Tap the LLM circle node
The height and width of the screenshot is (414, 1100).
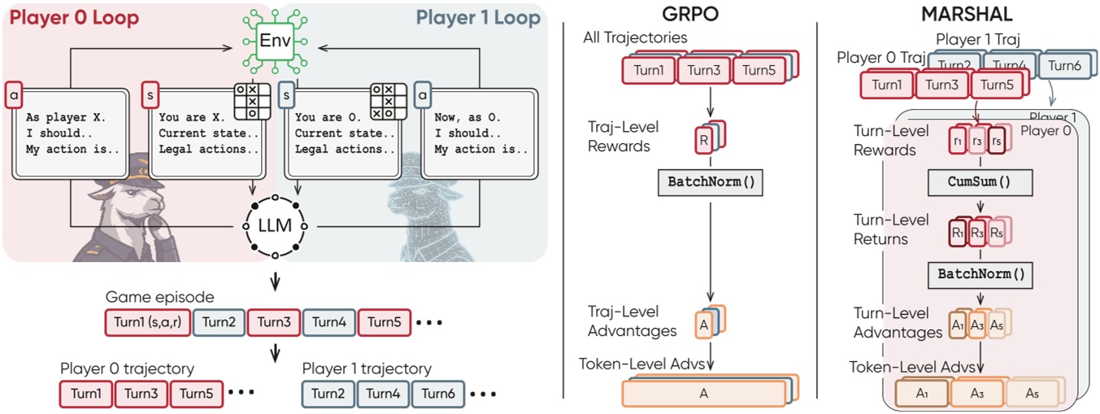coord(275,221)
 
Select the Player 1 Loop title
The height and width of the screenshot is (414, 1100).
coord(477,17)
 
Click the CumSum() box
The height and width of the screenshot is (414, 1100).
coord(979,183)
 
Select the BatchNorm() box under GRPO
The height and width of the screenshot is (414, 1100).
coord(711,182)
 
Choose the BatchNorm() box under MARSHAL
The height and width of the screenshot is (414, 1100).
coord(979,274)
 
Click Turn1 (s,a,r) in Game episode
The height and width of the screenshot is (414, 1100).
coord(146,322)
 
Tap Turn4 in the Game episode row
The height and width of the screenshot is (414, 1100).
coord(328,322)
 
